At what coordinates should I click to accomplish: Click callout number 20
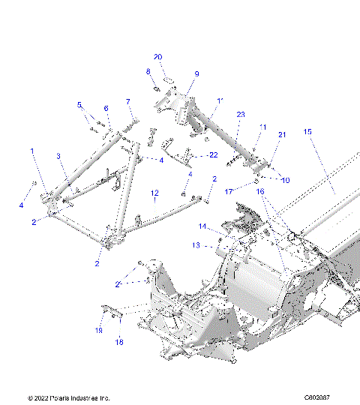[157, 57]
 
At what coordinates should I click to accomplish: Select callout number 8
[148, 71]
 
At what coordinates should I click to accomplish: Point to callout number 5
[80, 104]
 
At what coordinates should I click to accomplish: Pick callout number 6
[106, 108]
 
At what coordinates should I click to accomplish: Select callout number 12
[154, 193]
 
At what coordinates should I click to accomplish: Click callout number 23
[241, 114]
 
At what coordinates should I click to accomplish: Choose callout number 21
[283, 134]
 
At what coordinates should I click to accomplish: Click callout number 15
[307, 131]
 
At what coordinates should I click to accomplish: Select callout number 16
[261, 192]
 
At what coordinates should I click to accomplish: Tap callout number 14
[202, 226]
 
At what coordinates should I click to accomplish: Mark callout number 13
[196, 244]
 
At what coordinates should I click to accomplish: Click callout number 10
[286, 180]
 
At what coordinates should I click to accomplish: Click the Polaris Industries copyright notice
[68, 397]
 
